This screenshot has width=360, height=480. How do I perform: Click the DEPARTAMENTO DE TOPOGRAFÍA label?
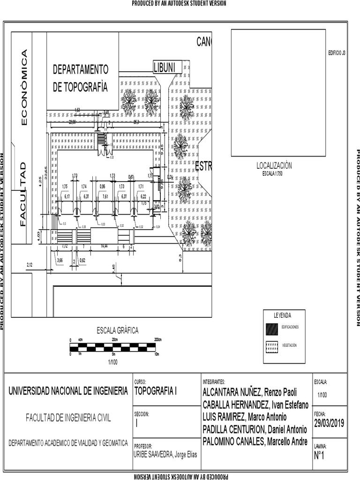coord(80,78)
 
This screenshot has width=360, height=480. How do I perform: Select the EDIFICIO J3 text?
coord(337,53)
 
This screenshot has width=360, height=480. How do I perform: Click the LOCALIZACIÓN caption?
coord(274,165)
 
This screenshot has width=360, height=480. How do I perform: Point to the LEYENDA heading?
coord(283,315)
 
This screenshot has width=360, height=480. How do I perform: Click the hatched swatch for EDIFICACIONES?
coord(271,328)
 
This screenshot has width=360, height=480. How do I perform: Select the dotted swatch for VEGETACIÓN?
coord(271,346)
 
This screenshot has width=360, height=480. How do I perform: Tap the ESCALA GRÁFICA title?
coord(118,330)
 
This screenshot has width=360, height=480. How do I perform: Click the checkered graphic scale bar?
coord(113,347)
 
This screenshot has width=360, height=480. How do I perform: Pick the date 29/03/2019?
coord(329,423)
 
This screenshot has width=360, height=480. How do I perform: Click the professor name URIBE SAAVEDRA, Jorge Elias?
coord(165,455)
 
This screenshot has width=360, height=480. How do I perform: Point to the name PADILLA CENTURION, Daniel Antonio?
coord(255,429)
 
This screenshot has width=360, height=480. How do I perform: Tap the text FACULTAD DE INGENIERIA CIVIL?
coord(68,418)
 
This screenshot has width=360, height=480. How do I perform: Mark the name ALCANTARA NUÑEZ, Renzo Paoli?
coord(249,392)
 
